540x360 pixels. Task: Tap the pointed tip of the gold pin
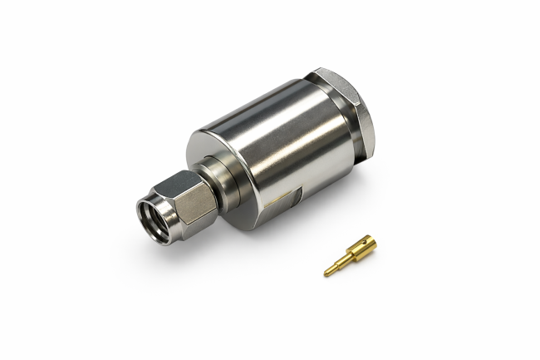[326, 274]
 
